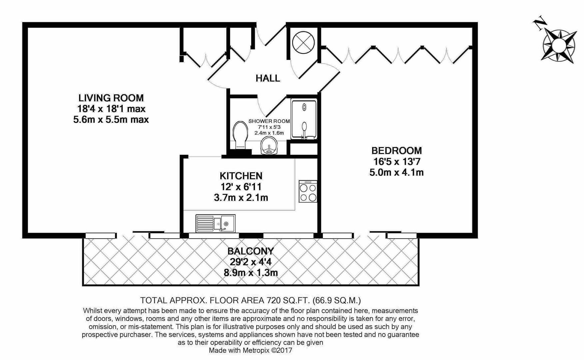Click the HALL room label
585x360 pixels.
coord(268,78)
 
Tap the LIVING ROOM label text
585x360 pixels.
coord(111,98)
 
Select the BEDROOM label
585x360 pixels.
coord(396,151)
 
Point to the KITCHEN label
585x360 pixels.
coord(241,176)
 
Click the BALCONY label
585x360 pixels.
coord(251,251)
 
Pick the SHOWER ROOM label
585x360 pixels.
coord(269,121)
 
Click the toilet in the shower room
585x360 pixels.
coord(240,135)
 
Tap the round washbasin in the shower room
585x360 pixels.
coord(269,146)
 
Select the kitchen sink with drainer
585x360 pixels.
coord(215,223)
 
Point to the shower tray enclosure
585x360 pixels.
coord(303,119)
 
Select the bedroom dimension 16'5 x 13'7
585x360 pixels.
coord(396,162)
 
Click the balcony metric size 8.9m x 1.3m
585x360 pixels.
coord(251,273)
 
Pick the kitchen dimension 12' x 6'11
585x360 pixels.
coord(241,187)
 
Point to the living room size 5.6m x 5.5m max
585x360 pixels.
coord(111,119)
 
